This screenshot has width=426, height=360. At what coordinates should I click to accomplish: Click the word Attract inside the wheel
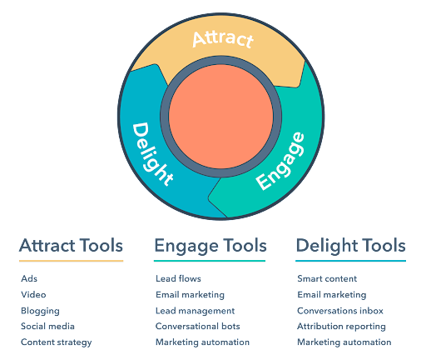pos(223,39)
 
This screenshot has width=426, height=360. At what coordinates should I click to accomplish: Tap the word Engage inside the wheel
pos(280,161)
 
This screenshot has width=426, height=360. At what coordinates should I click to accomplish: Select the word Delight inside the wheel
pos(152,153)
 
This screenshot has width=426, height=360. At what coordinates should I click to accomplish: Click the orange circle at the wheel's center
pos(221,117)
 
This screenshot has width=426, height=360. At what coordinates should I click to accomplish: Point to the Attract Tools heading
pos(71,246)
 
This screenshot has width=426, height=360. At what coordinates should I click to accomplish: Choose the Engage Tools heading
pos(211,247)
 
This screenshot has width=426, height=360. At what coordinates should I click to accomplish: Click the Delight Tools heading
pos(351,247)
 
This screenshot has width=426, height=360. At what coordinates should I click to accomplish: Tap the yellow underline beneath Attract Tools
pos(71,261)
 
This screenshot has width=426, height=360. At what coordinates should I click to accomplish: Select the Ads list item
pos(29,278)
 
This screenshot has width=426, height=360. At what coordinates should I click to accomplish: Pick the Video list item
pos(33,294)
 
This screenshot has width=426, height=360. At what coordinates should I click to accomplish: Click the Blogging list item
pos(40,311)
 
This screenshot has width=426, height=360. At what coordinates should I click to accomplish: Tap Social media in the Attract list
pos(47,326)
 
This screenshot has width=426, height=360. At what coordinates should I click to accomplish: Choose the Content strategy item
pos(57,342)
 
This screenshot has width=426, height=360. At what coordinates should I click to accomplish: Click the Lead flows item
pos(178,278)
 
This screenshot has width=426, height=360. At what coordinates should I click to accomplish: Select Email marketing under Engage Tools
pos(190,295)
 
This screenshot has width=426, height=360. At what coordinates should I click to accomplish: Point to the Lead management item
pos(196,311)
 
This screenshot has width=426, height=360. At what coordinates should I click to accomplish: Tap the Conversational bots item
pos(198,326)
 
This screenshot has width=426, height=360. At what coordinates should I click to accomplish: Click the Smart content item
pos(327,278)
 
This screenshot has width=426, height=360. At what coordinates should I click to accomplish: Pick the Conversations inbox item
pos(340,311)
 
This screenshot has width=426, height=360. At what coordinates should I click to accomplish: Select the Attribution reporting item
pos(341,327)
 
